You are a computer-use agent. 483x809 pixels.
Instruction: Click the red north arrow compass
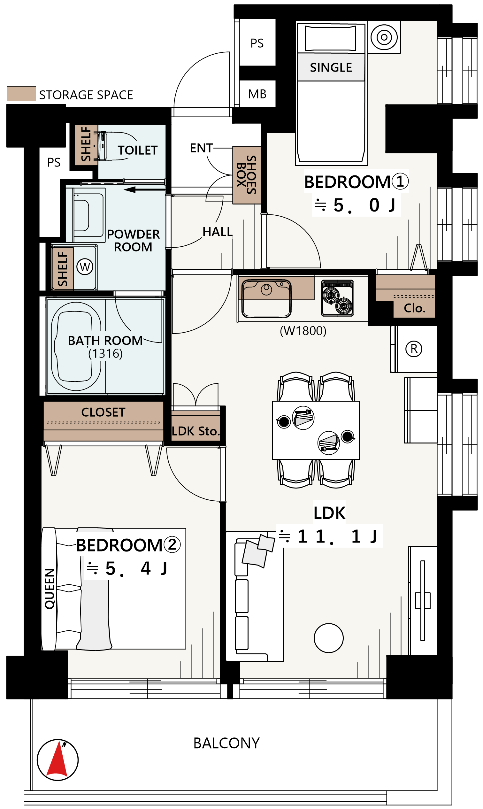57,759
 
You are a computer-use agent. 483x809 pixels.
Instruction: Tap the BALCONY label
226,743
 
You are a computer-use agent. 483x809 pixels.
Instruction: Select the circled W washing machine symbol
85,266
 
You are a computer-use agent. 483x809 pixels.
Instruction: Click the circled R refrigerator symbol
414,349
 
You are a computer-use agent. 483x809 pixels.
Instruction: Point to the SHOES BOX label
247,175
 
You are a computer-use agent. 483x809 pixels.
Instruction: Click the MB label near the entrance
257,94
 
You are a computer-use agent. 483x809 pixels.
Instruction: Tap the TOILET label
138,150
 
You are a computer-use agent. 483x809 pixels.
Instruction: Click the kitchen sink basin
266,298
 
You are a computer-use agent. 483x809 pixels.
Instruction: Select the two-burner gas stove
338,298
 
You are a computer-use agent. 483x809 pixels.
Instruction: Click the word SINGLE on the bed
331,67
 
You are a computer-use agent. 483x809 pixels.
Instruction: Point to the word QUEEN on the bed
50,589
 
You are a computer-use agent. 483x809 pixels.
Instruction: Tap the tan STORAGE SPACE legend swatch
21,94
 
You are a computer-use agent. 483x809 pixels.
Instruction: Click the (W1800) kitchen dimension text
303,331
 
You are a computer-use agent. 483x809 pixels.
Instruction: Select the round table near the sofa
329,638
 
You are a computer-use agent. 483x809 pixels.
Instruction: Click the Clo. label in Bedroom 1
415,308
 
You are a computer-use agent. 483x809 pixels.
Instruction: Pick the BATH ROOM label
105,341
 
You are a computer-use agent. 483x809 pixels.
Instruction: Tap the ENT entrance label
202,148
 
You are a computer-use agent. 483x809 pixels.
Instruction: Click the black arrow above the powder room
144,189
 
